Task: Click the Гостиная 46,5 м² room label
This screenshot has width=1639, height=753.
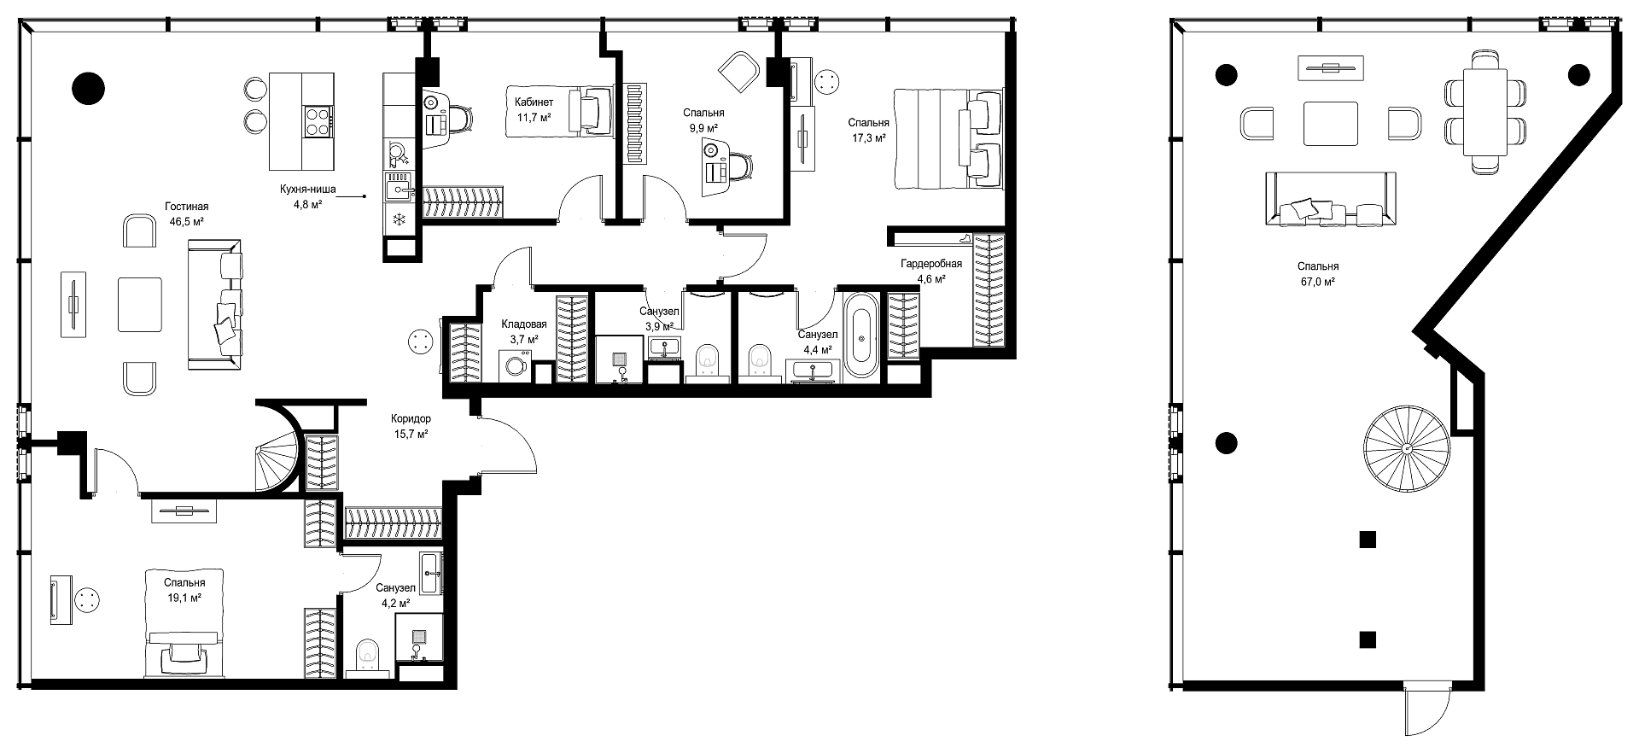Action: [x=187, y=213]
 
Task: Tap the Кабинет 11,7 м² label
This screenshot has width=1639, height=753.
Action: [x=534, y=109]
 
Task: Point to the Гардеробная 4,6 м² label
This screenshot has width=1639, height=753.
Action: [x=931, y=271]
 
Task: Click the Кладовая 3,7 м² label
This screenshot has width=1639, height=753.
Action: [x=524, y=331]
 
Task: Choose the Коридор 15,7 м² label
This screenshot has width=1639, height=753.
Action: [x=411, y=426]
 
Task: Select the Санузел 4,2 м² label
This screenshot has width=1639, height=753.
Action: [x=395, y=595]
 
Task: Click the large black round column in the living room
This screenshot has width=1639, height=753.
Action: [x=88, y=87]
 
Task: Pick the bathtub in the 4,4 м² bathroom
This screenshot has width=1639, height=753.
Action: [x=860, y=336]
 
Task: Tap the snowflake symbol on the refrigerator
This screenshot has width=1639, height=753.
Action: [x=398, y=220]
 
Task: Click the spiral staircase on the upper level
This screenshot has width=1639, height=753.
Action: [x=1405, y=447]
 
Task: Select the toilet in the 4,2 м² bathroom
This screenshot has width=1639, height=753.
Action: [x=368, y=657]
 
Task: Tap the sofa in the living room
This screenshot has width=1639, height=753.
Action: [x=215, y=305]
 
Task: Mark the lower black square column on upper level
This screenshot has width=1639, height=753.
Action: [x=1368, y=639]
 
